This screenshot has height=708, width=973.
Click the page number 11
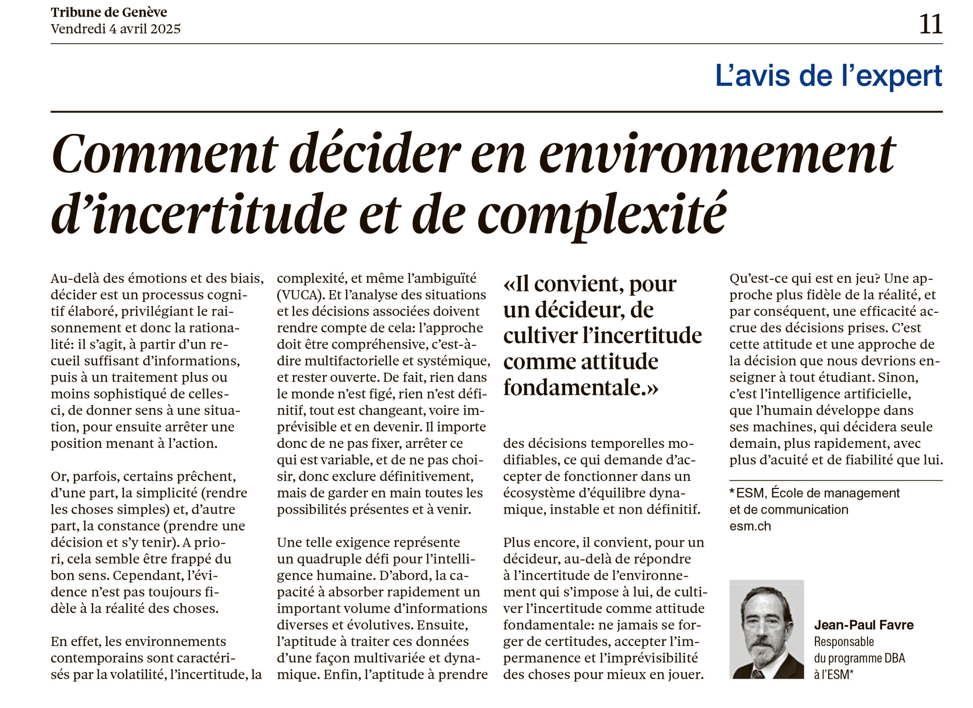coord(930,24)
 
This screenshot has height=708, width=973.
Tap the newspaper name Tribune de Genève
coord(109,12)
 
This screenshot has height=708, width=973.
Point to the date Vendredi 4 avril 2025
coord(116,29)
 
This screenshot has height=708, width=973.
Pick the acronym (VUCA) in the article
coord(300,295)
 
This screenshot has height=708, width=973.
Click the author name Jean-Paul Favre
coord(864,625)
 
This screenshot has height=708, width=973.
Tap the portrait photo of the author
coord(766,629)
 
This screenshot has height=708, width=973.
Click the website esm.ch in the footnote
coord(750,526)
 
